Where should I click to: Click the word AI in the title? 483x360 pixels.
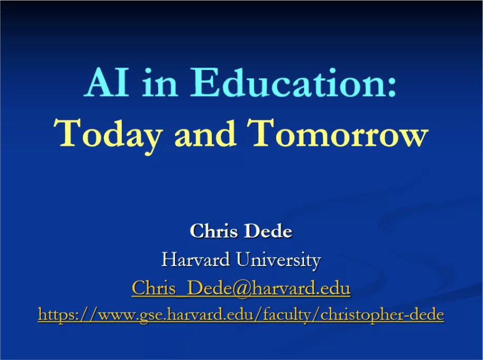[x=107, y=82]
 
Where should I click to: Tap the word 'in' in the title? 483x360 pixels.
[x=159, y=82]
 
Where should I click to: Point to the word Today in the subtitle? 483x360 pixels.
[x=107, y=134]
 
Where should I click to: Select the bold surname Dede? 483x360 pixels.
[x=268, y=231]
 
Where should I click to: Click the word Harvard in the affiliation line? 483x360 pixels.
[x=196, y=259]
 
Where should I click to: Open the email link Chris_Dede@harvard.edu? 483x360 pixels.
[x=241, y=288]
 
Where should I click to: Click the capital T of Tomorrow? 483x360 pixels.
[x=261, y=132]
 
